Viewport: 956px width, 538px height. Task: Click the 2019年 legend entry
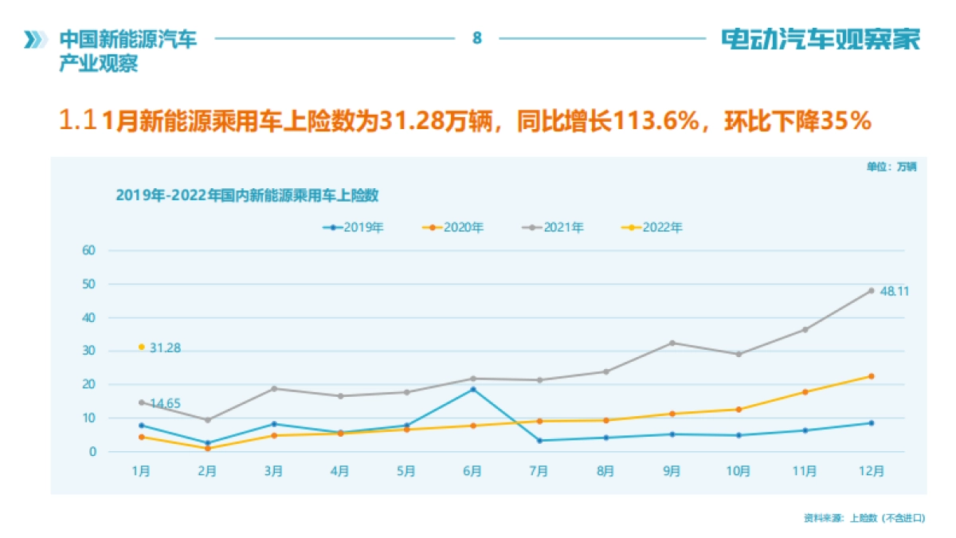pyautogui.click(x=354, y=227)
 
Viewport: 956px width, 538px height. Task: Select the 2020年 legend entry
pyautogui.click(x=453, y=227)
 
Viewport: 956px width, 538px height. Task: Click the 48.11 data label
pyautogui.click(x=894, y=292)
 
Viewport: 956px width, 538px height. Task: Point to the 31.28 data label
pyautogui.click(x=165, y=348)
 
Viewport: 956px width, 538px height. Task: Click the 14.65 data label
pyautogui.click(x=165, y=404)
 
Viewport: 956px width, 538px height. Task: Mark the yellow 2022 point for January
pyautogui.click(x=141, y=347)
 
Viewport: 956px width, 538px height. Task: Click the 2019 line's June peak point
pyautogui.click(x=472, y=389)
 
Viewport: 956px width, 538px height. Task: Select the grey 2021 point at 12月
pyautogui.click(x=871, y=290)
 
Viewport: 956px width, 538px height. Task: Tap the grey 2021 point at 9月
pyautogui.click(x=672, y=343)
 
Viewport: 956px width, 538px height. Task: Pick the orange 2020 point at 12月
pyautogui.click(x=871, y=376)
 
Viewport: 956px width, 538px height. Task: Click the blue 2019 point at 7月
pyautogui.click(x=539, y=441)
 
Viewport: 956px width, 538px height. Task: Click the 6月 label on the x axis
pyautogui.click(x=472, y=471)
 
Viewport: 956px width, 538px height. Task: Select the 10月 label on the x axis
pyautogui.click(x=738, y=471)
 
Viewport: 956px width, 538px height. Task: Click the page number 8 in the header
pyautogui.click(x=477, y=37)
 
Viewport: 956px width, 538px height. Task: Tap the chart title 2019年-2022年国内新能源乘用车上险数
pyautogui.click(x=246, y=194)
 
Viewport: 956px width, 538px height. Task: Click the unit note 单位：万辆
pyautogui.click(x=891, y=167)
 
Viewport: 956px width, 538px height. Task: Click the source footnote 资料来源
pyautogui.click(x=864, y=518)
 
